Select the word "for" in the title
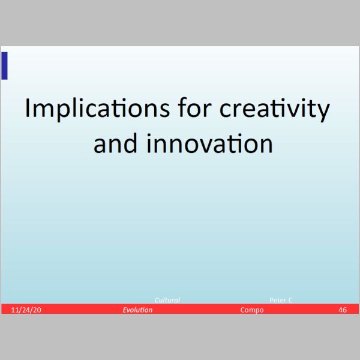[194, 107]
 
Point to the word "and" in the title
[115, 143]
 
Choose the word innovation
[209, 143]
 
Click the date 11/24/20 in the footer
[26, 310]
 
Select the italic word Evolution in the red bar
[137, 310]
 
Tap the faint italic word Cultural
[167, 300]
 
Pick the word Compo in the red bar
[252, 310]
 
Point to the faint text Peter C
[281, 300]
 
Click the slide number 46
[343, 310]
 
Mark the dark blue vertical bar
[4, 66]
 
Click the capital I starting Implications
[28, 108]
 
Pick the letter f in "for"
[182, 107]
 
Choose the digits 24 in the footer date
[27, 310]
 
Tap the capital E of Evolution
[125, 310]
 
